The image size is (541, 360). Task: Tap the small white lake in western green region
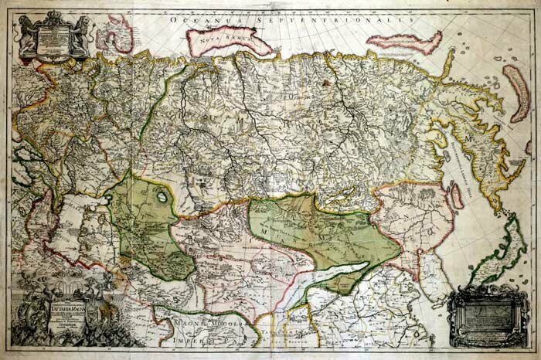click(x=163, y=197)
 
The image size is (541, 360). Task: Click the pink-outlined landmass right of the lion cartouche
click(x=116, y=39)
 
